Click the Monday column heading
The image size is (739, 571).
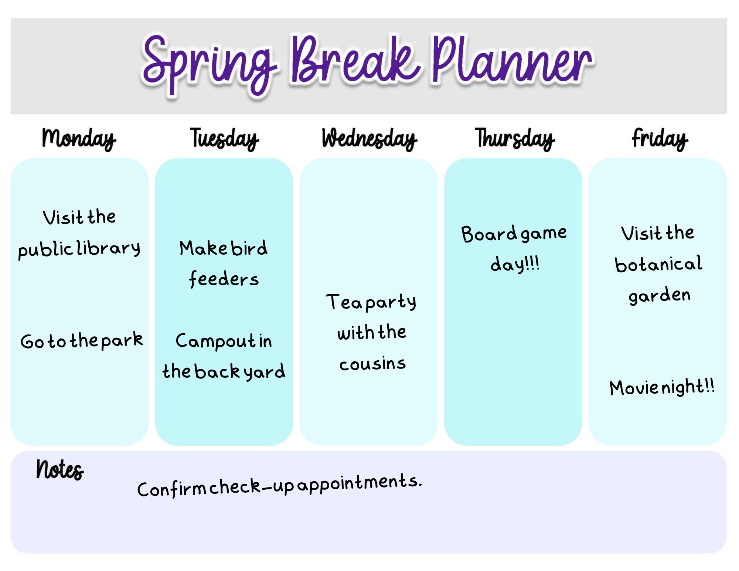[79, 139]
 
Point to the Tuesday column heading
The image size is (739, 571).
[224, 139]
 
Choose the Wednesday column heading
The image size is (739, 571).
[369, 139]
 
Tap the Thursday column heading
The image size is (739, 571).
[514, 139]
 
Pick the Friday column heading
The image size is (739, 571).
[660, 139]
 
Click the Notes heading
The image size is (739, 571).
[60, 470]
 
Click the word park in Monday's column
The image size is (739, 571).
[122, 340]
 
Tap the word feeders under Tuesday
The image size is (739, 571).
[224, 279]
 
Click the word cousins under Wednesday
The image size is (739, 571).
[372, 364]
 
